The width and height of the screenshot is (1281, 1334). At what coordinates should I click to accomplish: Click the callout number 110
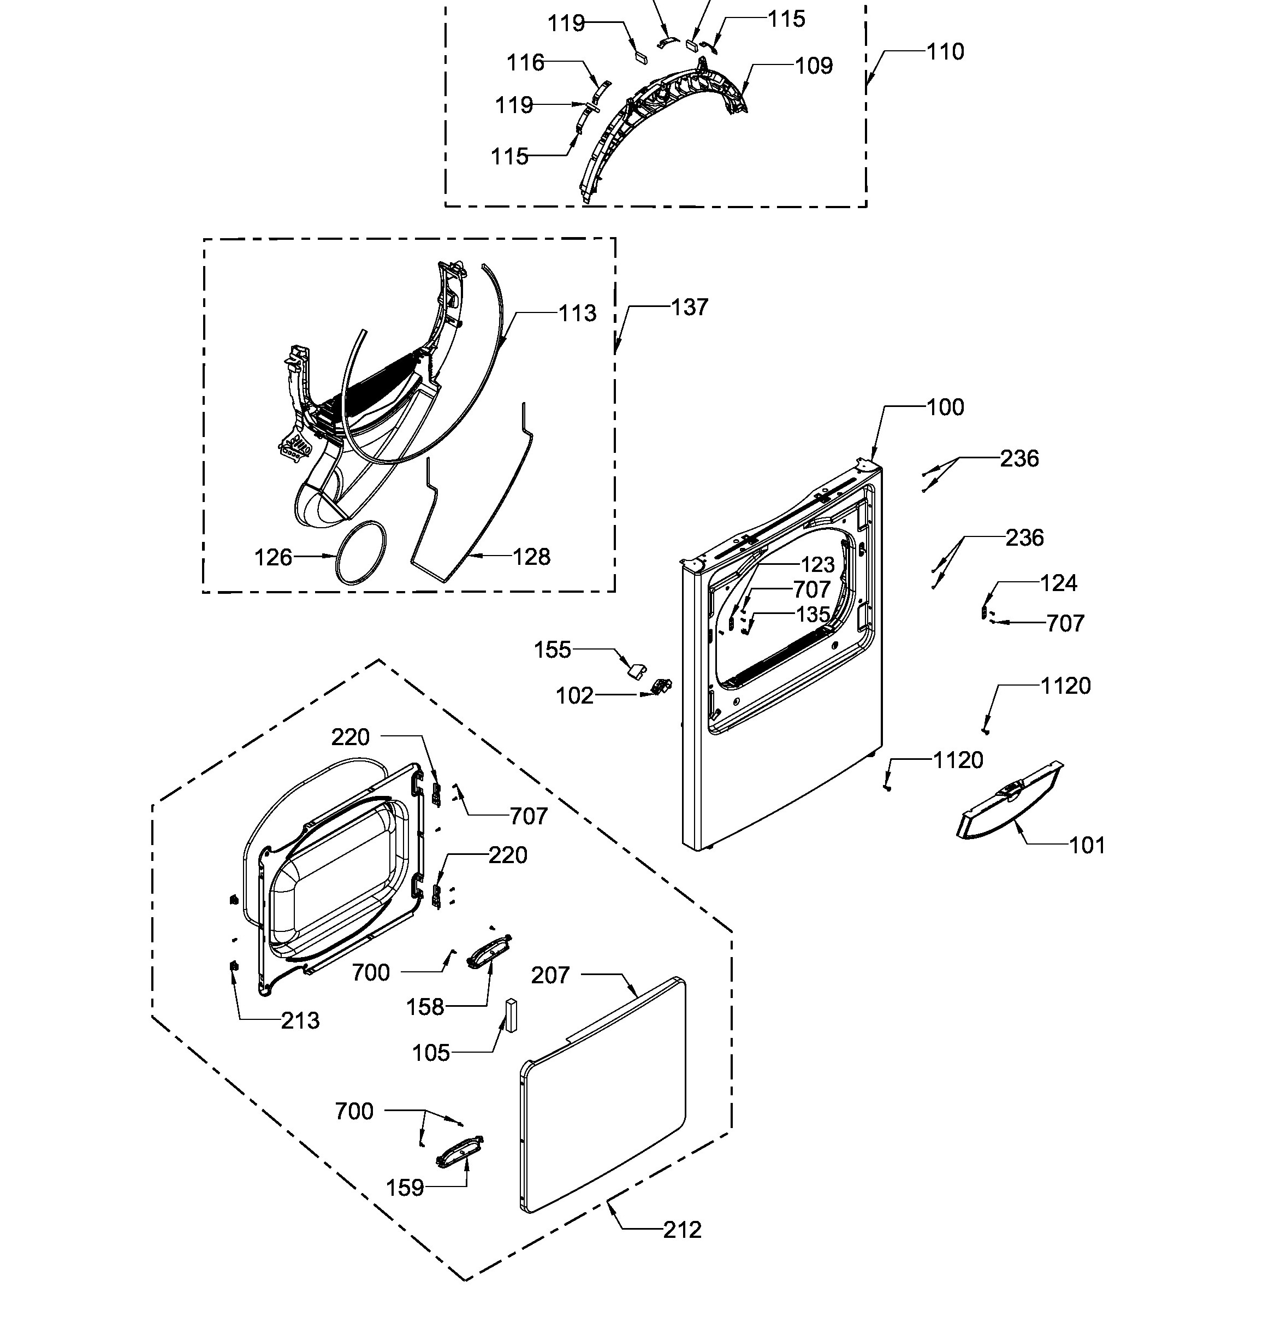(x=945, y=52)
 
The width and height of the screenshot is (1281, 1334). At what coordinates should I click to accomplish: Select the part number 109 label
(x=814, y=66)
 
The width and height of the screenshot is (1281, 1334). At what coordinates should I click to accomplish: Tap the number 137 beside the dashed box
(x=690, y=307)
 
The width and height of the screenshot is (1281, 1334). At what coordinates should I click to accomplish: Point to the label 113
(x=578, y=313)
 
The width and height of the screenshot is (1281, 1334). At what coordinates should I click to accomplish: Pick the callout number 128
(x=531, y=557)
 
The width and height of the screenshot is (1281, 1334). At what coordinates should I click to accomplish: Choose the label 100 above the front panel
(x=946, y=407)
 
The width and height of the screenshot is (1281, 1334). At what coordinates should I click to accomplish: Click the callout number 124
(x=1059, y=583)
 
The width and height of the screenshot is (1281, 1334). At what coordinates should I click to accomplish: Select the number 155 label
(x=553, y=650)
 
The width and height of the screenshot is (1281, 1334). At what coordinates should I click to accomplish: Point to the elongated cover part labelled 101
(x=1009, y=801)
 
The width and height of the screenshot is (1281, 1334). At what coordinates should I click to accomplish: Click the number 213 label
(x=300, y=1020)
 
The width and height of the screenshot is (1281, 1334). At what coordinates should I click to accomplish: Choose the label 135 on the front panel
(x=813, y=615)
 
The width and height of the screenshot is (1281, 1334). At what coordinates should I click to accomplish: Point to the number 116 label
(x=525, y=63)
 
